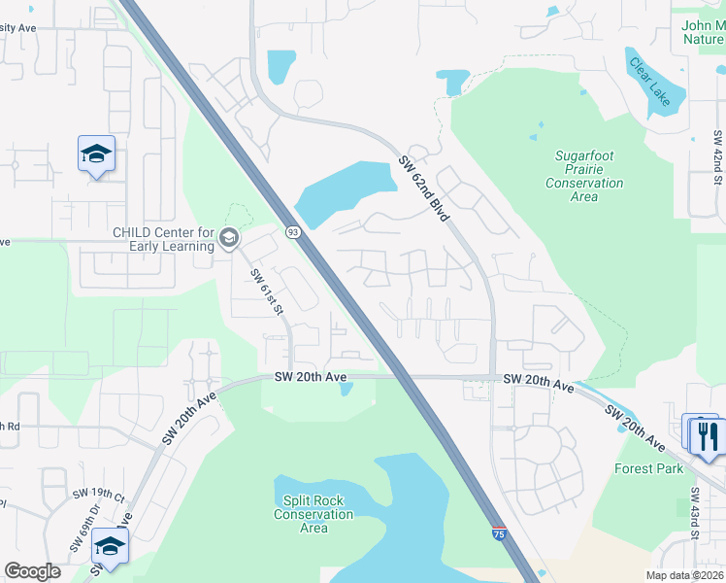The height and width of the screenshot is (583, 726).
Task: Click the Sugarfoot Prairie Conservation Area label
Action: pyautogui.click(x=584, y=176)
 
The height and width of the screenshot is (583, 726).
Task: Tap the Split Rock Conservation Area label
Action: pyautogui.click(x=313, y=514)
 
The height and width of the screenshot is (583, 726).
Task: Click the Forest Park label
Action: pyautogui.click(x=649, y=468)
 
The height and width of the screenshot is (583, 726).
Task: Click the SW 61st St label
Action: pyautogui.click(x=266, y=292)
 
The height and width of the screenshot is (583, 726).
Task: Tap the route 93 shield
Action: pyautogui.click(x=292, y=232)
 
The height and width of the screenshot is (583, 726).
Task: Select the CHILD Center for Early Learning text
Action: pyautogui.click(x=163, y=238)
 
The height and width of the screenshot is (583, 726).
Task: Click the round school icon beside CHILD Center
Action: pyautogui.click(x=229, y=238)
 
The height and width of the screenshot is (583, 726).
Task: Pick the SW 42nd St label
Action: pyautogui.click(x=719, y=155)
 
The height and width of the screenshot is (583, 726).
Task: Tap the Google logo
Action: pyautogui.click(x=32, y=571)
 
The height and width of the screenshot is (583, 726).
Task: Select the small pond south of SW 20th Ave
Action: pyautogui.click(x=346, y=390)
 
